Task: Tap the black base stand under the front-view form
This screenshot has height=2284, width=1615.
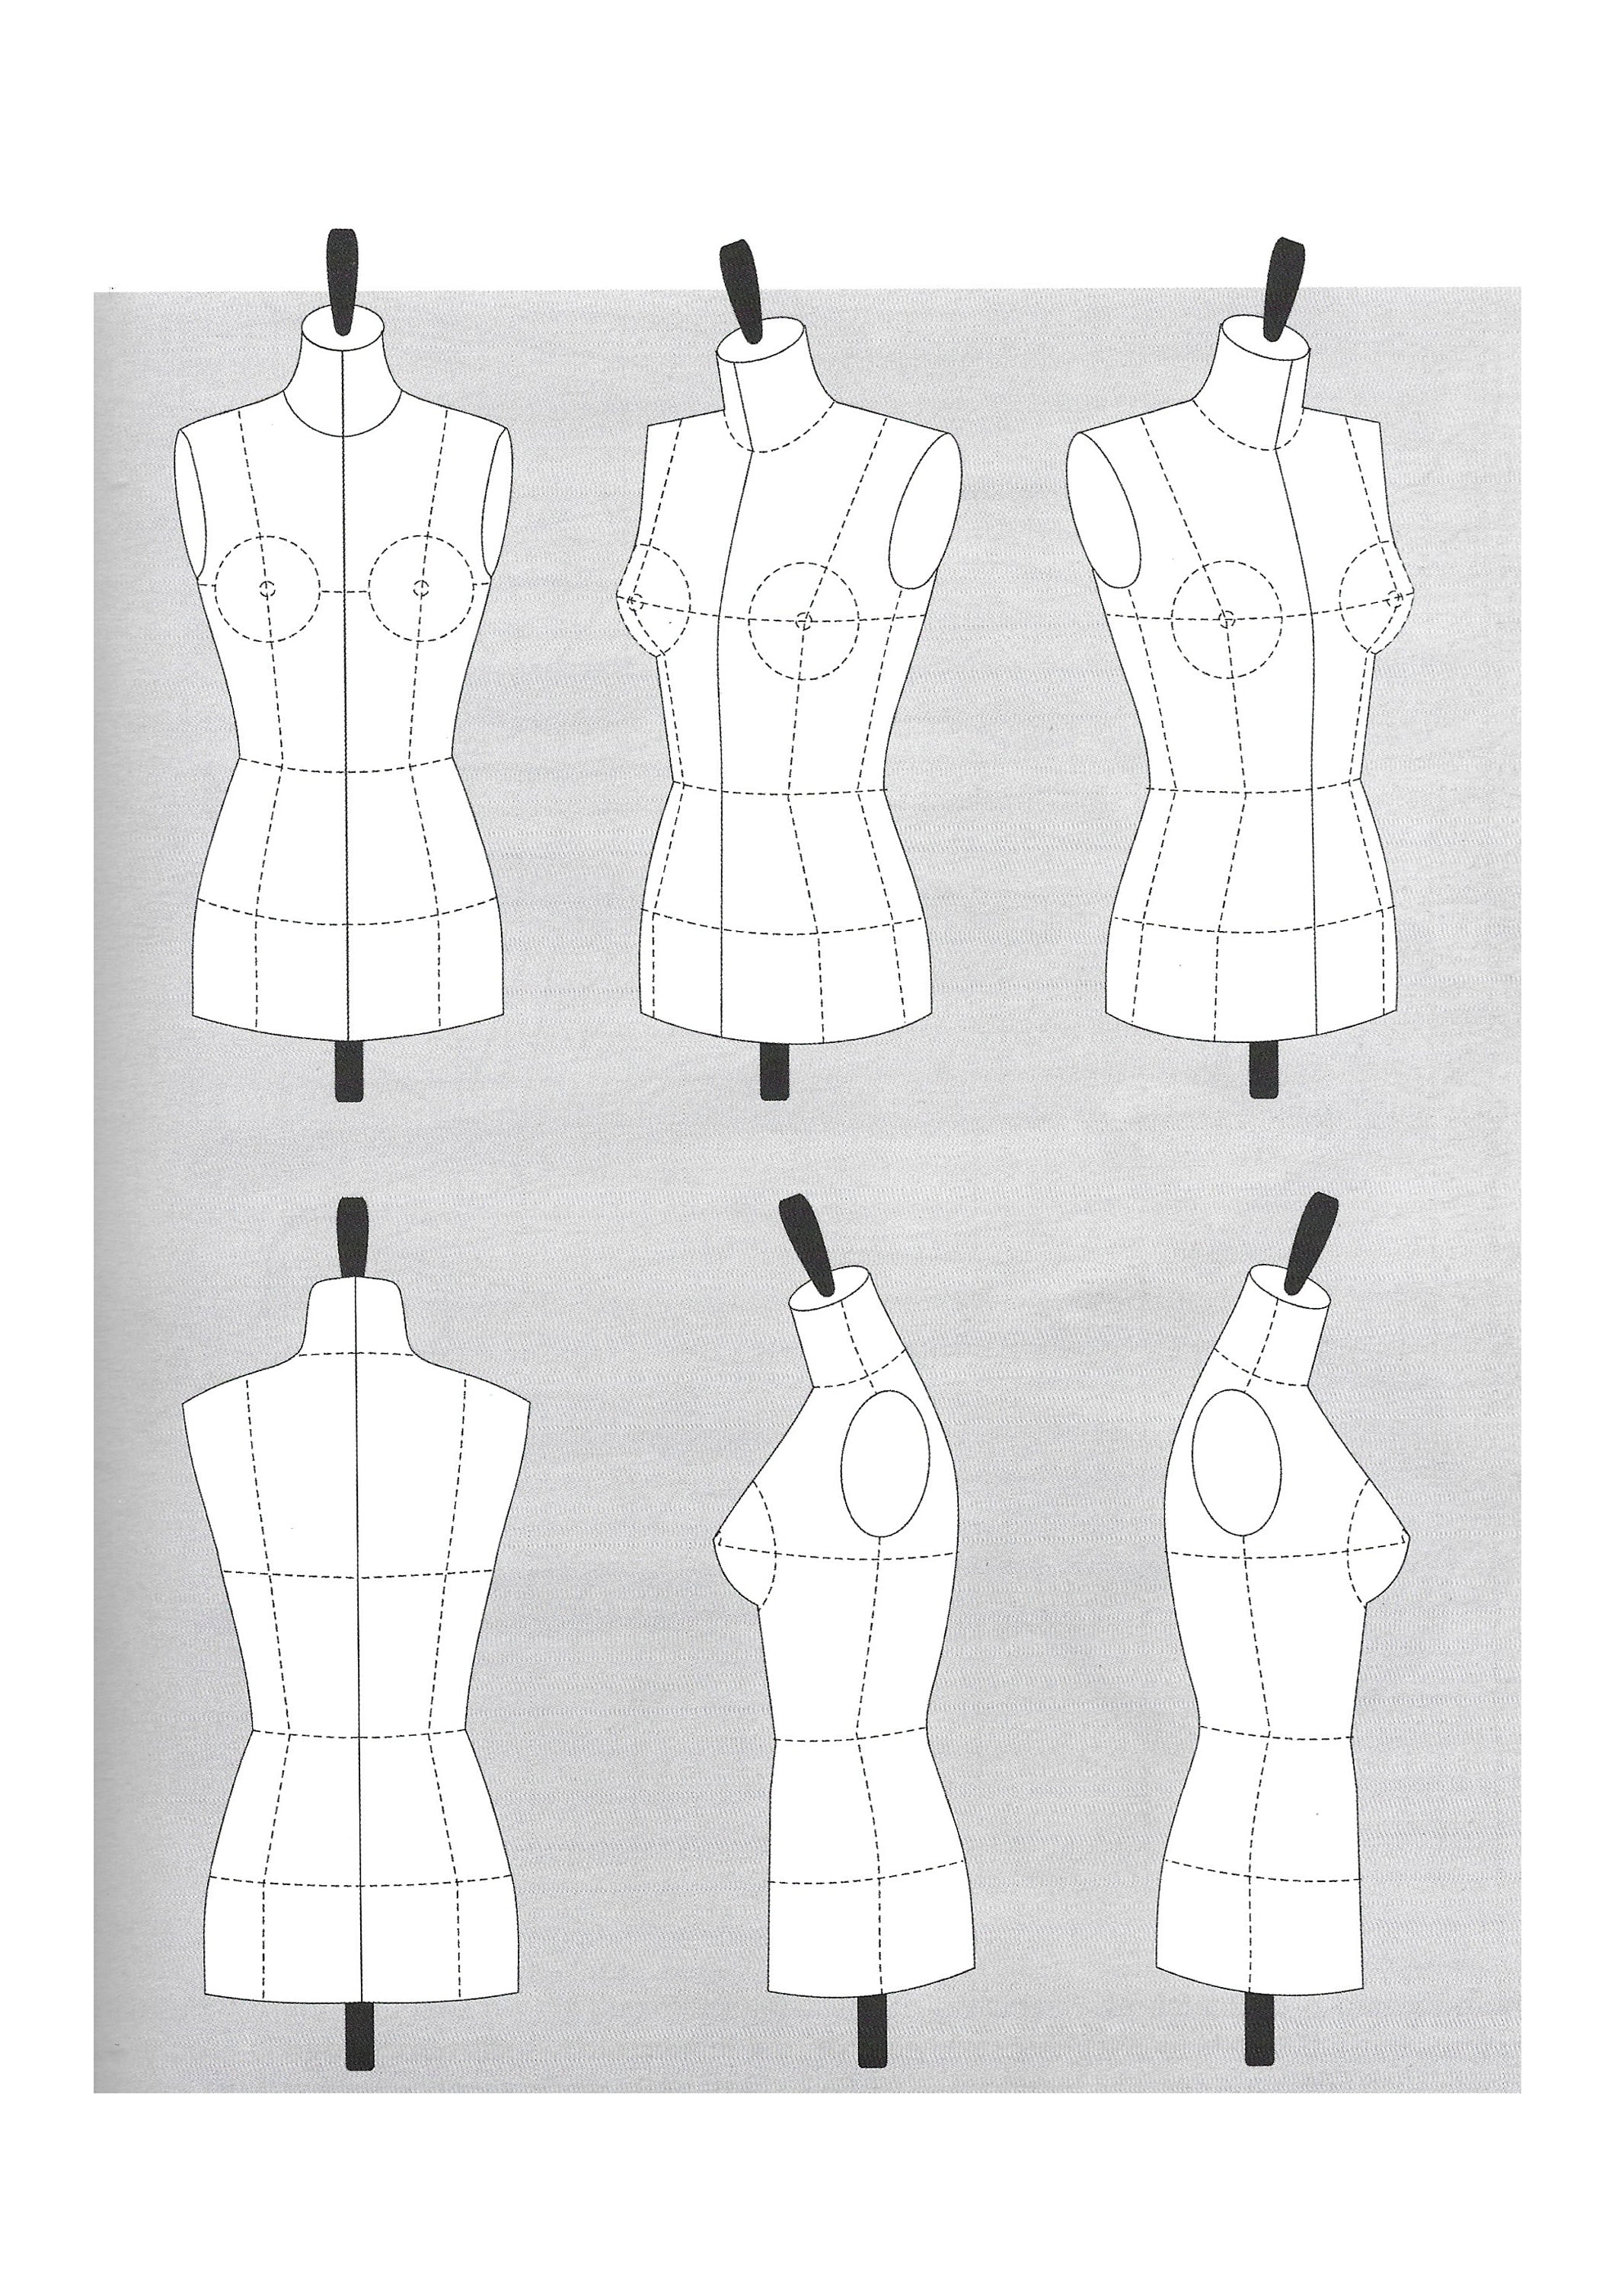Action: [347, 1070]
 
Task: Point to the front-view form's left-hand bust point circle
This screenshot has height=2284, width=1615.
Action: [266, 589]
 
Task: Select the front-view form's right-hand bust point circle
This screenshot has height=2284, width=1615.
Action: [423, 589]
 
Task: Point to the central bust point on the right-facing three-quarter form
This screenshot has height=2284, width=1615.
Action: [1226, 619]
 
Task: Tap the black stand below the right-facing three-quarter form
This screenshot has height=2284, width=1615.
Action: [1261, 1070]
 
